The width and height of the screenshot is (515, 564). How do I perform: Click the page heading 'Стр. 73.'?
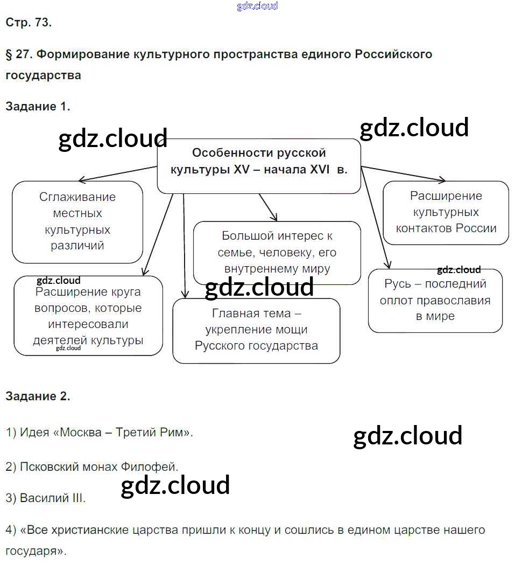point(29,23)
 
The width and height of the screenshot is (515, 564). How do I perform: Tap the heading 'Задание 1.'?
point(38,107)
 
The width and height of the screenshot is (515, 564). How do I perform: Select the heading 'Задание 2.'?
point(38,396)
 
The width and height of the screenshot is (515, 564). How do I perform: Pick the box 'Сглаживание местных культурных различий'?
point(77,221)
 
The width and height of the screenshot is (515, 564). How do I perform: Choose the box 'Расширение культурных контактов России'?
point(446,212)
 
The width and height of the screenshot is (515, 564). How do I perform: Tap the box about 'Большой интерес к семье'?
point(277,252)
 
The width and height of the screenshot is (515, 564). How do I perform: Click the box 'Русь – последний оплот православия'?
point(435,300)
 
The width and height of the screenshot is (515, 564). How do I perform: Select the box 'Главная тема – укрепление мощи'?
point(256,330)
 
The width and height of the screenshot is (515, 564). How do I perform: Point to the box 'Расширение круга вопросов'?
point(88,316)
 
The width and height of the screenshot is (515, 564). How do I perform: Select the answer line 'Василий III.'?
point(46,498)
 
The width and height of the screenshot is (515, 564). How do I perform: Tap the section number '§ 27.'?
point(19,54)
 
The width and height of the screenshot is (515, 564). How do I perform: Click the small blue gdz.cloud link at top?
point(257,6)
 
